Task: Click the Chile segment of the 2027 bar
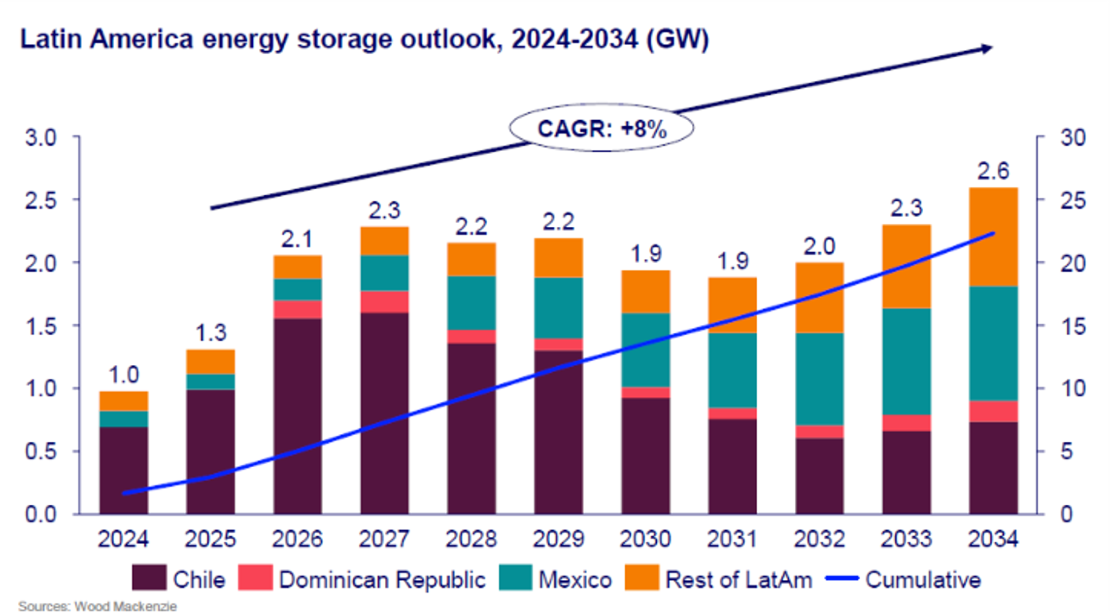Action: click(384, 413)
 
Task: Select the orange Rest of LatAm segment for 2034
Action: click(993, 237)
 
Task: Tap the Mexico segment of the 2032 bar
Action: click(819, 379)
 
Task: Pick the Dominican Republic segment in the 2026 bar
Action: click(297, 309)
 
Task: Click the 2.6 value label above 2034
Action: click(993, 171)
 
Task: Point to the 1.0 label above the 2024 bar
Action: click(123, 375)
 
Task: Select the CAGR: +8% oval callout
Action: click(601, 128)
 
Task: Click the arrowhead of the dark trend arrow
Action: click(987, 48)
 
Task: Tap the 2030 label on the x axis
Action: click(645, 539)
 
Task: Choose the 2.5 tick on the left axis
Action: click(41, 200)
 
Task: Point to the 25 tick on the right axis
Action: click(1072, 200)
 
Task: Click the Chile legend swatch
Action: click(149, 579)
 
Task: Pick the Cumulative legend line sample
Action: click(842, 579)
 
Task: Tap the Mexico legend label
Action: click(575, 579)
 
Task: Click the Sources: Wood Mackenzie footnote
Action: click(97, 606)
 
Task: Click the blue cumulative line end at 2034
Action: click(993, 234)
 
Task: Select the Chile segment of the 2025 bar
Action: click(210, 451)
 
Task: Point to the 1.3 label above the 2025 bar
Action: click(210, 333)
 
